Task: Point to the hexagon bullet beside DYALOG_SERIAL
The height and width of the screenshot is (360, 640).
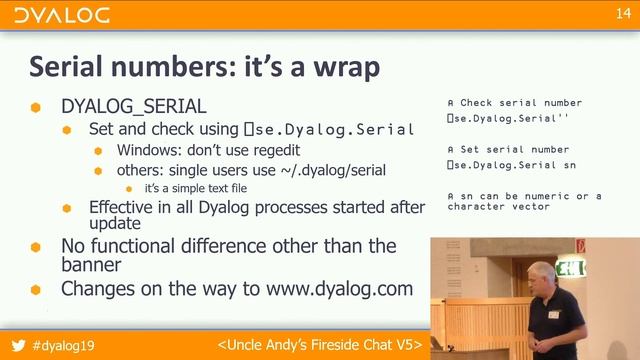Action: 36,107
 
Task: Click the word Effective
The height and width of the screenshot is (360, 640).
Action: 124,207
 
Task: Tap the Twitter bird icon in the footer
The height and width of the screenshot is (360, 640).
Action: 17,344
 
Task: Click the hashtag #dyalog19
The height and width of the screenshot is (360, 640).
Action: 70,344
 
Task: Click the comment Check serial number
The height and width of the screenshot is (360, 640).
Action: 520,103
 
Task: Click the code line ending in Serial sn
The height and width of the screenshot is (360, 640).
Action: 511,164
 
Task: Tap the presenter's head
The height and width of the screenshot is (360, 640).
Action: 541,276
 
